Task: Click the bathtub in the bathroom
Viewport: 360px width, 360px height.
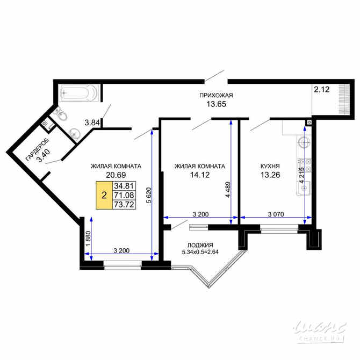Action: coord(79,93)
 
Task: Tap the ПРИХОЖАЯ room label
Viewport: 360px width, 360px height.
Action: coord(216,95)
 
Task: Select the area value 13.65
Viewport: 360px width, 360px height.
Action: coord(217,104)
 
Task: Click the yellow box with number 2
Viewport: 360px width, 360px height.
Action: coord(104,196)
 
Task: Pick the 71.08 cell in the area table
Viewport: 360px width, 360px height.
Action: coord(124,196)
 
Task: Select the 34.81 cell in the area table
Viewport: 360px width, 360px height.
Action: coord(124,186)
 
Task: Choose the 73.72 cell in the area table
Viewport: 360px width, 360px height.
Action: coord(124,205)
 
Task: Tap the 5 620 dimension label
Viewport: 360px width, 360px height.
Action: coord(149,196)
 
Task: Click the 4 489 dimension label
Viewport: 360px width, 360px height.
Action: coord(228,190)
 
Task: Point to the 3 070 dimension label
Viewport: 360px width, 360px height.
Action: coord(276,214)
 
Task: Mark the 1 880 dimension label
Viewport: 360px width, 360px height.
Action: coord(89,239)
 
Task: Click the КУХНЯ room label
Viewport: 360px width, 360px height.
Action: coord(270,166)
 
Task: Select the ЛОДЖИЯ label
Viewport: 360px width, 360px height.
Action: coord(200,245)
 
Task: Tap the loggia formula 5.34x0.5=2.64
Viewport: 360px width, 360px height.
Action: coord(200,252)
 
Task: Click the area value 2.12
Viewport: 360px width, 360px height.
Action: coord(322,89)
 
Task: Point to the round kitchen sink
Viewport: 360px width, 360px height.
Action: coord(305,142)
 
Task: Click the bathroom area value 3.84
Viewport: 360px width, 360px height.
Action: coord(92,123)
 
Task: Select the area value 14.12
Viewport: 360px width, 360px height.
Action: coord(200,175)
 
